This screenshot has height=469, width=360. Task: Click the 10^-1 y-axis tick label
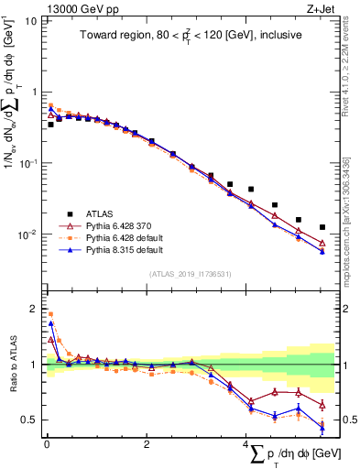pyautogui.click(x=28, y=163)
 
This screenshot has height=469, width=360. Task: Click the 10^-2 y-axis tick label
pyautogui.click(x=28, y=234)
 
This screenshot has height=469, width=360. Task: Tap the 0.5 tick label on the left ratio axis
pyautogui.click(x=30, y=420)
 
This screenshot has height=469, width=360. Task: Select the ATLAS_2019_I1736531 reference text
pyautogui.click(x=188, y=274)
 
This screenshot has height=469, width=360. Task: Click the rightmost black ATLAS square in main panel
pyautogui.click(x=322, y=227)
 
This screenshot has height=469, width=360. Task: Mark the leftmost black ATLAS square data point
pyautogui.click(x=50, y=124)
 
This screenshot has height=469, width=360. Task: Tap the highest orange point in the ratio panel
pyautogui.click(x=50, y=314)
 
